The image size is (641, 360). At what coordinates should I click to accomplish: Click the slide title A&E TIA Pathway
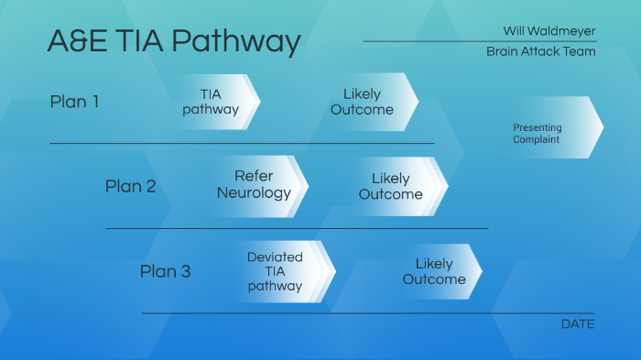click(173, 41)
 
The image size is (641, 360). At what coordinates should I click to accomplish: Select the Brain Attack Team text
click(540, 51)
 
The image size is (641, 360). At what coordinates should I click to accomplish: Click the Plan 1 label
click(74, 102)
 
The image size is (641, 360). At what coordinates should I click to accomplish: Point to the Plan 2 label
click(130, 187)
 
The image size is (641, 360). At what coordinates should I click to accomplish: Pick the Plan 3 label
click(165, 271)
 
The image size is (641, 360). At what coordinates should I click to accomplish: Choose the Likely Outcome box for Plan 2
click(391, 186)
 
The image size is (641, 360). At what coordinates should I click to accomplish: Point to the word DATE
click(577, 324)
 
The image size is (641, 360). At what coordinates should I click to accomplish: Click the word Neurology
click(254, 193)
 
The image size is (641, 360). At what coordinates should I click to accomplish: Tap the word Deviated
click(275, 257)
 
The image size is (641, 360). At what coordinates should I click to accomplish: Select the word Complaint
click(537, 140)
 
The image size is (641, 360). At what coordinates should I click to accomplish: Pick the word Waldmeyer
click(561, 31)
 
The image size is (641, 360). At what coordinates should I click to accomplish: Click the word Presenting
click(538, 127)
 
